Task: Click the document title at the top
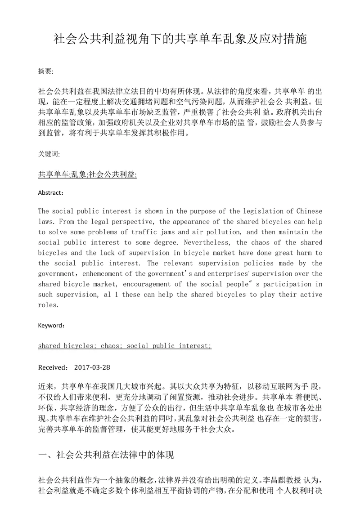pos(180,39)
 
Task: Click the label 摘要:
pos(46,71)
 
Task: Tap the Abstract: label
pos(51,193)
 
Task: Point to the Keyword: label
pos(51,325)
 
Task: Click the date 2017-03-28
pos(92,367)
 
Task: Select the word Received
pos(53,367)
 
